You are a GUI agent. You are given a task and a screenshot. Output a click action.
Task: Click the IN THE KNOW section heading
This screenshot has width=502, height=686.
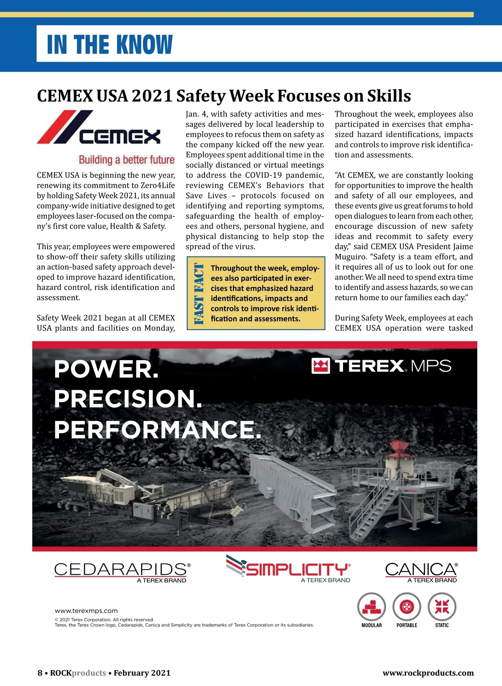(110, 44)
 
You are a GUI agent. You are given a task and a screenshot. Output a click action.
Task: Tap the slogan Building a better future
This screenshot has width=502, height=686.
(126, 160)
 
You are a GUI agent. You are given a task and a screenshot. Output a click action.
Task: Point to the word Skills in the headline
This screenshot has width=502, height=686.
(389, 96)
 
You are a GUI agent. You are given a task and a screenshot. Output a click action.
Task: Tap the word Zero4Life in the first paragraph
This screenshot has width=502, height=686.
(158, 186)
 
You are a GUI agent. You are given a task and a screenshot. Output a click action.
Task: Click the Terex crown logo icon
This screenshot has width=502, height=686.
(321, 366)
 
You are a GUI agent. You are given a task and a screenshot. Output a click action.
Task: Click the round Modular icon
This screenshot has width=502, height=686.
(371, 607)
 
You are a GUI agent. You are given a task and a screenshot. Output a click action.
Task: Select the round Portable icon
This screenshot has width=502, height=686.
(407, 607)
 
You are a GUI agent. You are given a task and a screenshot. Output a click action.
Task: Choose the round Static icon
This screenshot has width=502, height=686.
(442, 607)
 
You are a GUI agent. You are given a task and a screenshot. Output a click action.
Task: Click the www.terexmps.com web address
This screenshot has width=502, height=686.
(86, 611)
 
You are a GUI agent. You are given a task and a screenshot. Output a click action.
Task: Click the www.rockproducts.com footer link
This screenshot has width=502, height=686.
(428, 673)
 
